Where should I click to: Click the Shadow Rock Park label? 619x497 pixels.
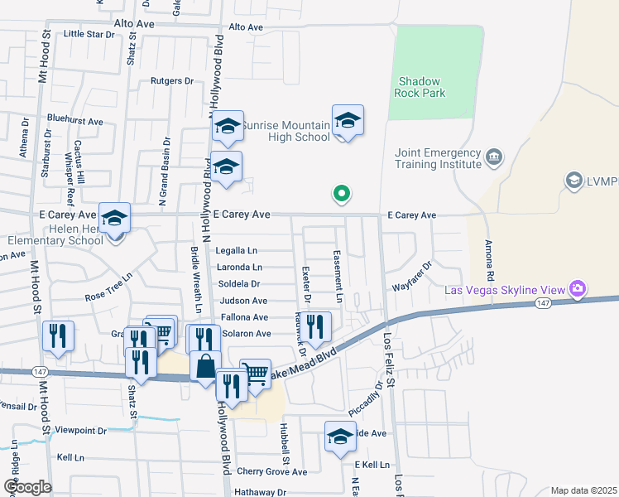[x=422, y=87]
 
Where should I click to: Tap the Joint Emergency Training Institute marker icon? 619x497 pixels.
[x=494, y=155]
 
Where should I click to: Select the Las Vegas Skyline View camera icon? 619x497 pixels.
[x=578, y=289]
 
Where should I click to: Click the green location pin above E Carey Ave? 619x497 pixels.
[x=340, y=194]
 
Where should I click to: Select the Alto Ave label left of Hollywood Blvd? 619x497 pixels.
[x=134, y=24]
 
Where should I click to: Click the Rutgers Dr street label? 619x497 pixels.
[x=171, y=81]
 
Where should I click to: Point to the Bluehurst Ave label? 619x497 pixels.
[x=74, y=121]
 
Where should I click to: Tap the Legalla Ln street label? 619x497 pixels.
[x=237, y=250]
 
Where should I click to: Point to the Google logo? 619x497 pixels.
[x=27, y=487]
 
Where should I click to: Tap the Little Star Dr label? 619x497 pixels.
[x=89, y=34]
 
